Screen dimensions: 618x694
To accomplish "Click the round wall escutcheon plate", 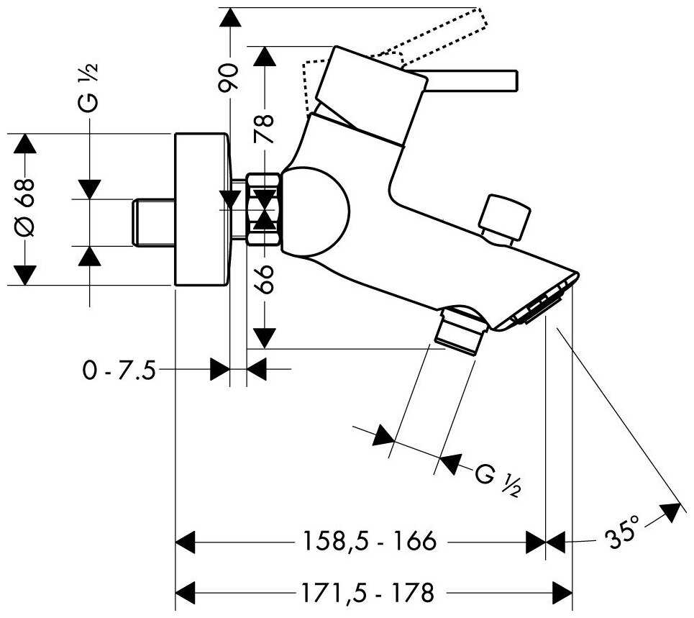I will [202, 209].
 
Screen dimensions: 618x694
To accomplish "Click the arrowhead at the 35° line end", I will [671, 512].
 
